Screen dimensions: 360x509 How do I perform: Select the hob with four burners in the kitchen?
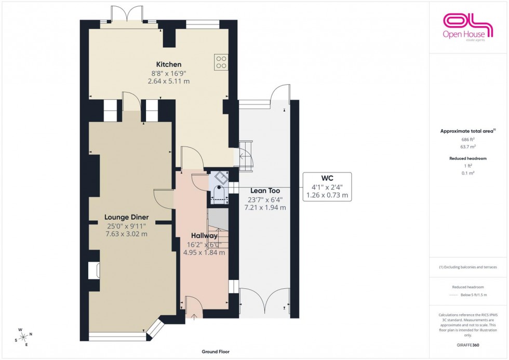click(x=221, y=62)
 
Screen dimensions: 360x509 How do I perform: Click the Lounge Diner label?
click(x=127, y=217)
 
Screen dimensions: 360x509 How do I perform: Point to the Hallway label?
click(x=204, y=236)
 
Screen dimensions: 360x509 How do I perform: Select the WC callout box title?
click(x=327, y=178)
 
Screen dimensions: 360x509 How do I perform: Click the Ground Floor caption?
click(x=216, y=352)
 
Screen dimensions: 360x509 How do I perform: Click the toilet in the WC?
click(x=219, y=195)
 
